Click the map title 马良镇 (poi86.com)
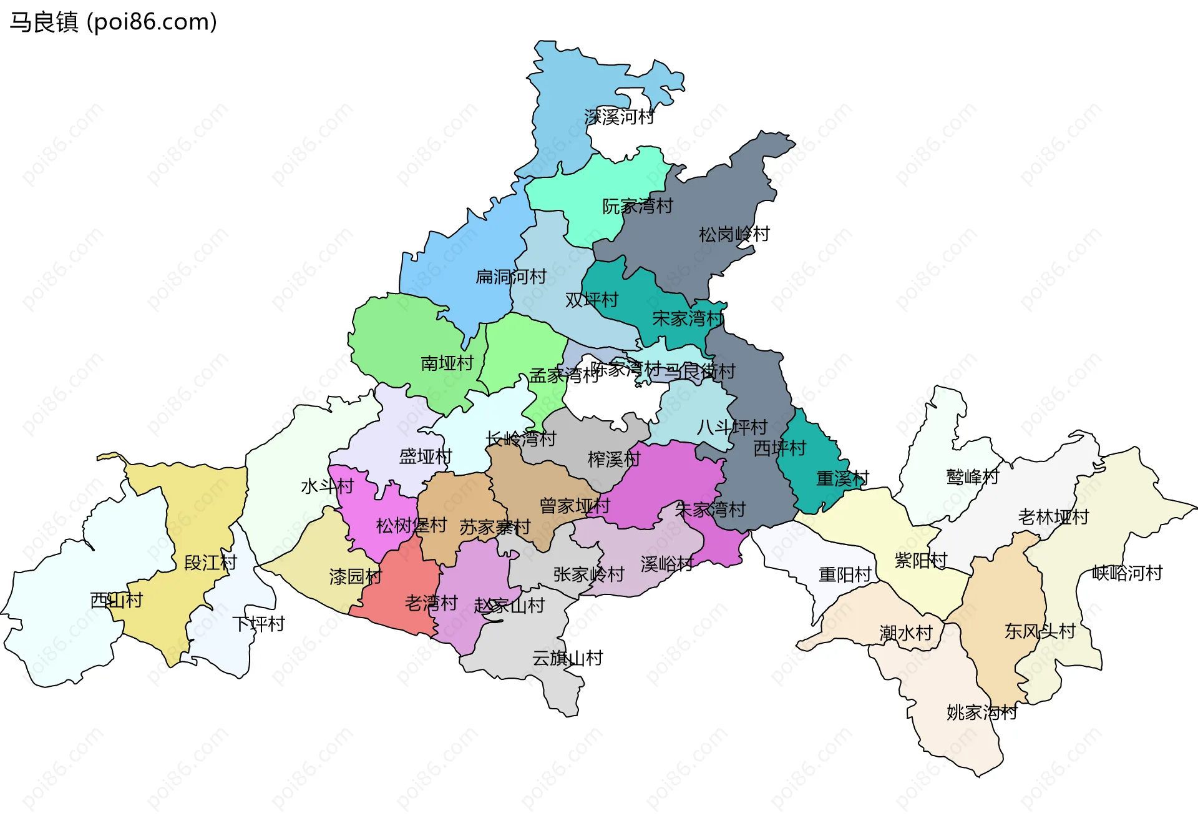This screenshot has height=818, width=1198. [113, 22]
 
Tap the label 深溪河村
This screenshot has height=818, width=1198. [619, 117]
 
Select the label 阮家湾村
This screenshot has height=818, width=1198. [637, 206]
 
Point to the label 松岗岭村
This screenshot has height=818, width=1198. [734, 235]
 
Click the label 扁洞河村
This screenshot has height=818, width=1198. [511, 277]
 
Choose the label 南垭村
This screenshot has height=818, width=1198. [447, 363]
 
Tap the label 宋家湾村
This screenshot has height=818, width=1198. [687, 319]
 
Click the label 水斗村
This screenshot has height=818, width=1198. [327, 486]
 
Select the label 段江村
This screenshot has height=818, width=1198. [210, 563]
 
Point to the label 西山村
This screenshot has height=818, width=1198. [117, 601]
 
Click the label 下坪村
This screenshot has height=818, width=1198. [258, 624]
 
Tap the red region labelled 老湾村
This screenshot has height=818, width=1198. [399, 593]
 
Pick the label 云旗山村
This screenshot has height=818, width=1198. [567, 658]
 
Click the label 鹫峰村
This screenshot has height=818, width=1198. [972, 477]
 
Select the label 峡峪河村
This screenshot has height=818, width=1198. [1127, 573]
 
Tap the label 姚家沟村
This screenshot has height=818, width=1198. [981, 712]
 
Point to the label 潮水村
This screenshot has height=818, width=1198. [905, 633]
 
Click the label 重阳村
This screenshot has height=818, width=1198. [844, 574]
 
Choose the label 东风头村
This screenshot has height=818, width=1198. [1040, 631]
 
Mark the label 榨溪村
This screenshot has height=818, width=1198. [614, 460]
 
